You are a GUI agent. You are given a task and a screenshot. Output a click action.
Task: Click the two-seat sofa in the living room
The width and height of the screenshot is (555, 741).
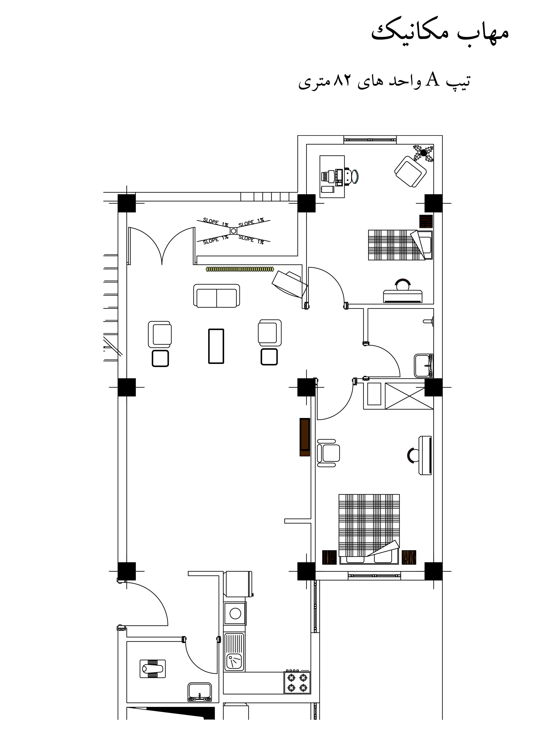pyautogui.click(x=216, y=296)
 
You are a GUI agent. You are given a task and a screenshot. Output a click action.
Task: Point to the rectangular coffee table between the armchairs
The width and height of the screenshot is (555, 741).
pyautogui.click(x=216, y=346)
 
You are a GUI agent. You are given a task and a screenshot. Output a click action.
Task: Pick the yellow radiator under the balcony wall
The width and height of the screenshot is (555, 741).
pyautogui.click(x=240, y=269)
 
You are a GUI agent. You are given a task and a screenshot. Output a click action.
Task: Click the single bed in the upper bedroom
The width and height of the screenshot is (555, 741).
pyautogui.click(x=400, y=245)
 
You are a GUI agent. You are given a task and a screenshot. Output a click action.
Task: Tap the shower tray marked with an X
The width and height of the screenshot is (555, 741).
pyautogui.click(x=409, y=396)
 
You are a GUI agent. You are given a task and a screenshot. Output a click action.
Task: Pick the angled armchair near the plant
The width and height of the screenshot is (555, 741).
pyautogui.click(x=410, y=172)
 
